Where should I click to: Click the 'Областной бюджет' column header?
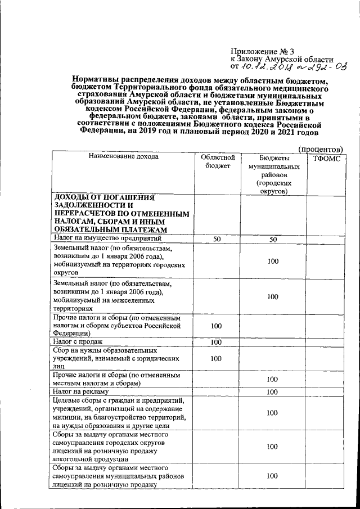[217, 161]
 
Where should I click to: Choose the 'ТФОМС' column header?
[325, 159]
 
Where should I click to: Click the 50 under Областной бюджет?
[217, 239]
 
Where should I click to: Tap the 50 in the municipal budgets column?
[273, 239]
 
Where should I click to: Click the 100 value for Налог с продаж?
[217, 342]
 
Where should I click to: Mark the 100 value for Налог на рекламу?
[273, 392]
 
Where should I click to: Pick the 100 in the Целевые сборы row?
[273, 413]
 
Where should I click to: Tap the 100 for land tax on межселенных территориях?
[273, 296]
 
